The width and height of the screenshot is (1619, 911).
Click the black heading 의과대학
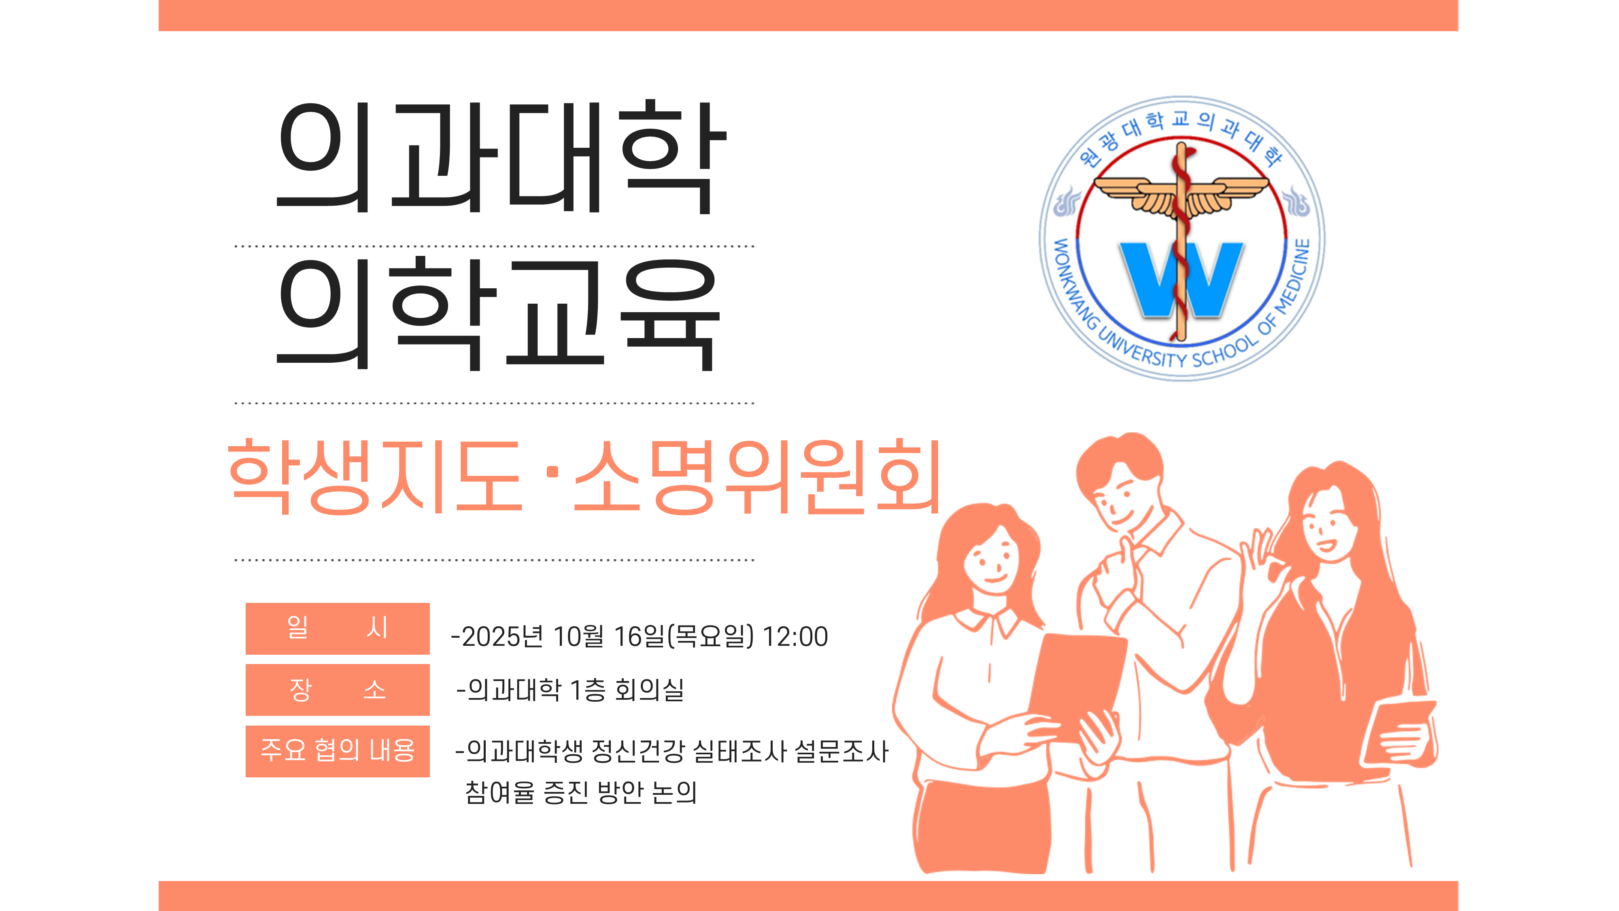click(x=501, y=157)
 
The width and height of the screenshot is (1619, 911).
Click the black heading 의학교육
click(x=498, y=314)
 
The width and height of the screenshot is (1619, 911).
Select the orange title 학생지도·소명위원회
click(x=584, y=477)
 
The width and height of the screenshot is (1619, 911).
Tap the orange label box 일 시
click(x=338, y=628)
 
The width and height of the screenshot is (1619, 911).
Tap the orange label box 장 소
click(x=338, y=690)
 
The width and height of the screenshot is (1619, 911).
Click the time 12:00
click(x=795, y=636)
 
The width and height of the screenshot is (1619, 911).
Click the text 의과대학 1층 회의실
click(x=576, y=690)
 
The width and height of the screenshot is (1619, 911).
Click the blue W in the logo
click(x=1181, y=279)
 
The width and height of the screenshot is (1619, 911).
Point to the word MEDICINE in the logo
click(x=1295, y=277)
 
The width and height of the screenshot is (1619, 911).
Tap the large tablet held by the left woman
click(x=1076, y=687)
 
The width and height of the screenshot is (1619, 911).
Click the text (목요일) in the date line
click(x=710, y=636)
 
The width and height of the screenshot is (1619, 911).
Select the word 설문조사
click(x=841, y=751)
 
